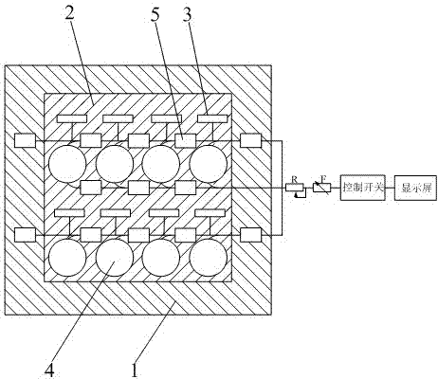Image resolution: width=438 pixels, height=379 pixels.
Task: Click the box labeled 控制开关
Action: pyautogui.click(x=363, y=188)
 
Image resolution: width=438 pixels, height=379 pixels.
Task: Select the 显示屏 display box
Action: pyautogui.click(x=416, y=188)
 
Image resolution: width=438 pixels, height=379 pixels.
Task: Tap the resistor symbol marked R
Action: pyautogui.click(x=295, y=188)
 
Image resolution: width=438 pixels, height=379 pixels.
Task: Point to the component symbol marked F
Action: pyautogui.click(x=321, y=188)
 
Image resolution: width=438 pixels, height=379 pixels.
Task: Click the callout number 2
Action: pyautogui.click(x=69, y=13)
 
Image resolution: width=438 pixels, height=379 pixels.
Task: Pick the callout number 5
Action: pyautogui.click(x=155, y=14)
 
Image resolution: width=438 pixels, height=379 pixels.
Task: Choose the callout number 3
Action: pyautogui.click(x=187, y=14)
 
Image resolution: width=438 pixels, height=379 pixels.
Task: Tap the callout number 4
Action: pyautogui.click(x=49, y=370)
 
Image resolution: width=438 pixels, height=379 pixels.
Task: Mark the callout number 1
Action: pyautogui.click(x=135, y=370)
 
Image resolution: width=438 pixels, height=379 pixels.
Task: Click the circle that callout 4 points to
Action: pyautogui.click(x=115, y=258)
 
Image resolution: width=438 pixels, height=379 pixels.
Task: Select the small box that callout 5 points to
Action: pyautogui.click(x=186, y=140)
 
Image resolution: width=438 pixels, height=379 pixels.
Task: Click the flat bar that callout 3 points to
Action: pyautogui.click(x=212, y=118)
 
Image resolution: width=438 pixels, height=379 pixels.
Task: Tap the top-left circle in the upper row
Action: pyautogui.click(x=67, y=164)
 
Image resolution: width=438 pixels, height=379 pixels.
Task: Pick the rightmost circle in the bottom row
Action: pyautogui.click(x=209, y=258)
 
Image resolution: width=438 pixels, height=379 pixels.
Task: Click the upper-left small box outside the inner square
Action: pyautogui.click(x=25, y=140)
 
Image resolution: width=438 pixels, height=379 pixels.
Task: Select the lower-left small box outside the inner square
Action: pyautogui.click(x=25, y=235)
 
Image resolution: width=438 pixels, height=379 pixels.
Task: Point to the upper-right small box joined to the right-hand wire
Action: pyautogui.click(x=251, y=140)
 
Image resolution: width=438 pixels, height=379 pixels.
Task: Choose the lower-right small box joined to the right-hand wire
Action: pyautogui.click(x=251, y=235)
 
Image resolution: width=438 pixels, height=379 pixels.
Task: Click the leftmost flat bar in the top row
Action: pyautogui.click(x=72, y=118)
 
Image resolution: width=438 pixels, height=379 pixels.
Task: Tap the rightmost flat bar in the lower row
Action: pyautogui.click(x=210, y=213)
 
